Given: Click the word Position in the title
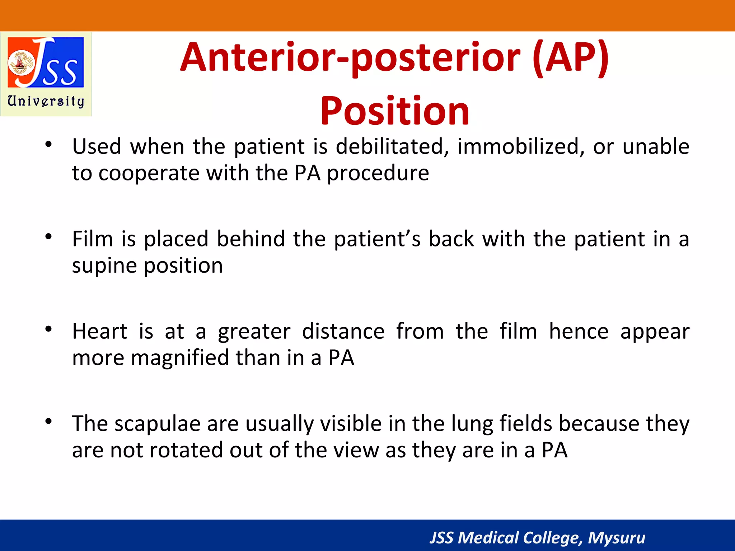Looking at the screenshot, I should (x=395, y=111).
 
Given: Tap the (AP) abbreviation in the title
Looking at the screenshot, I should (x=571, y=57).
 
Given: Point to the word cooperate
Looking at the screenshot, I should (x=149, y=174).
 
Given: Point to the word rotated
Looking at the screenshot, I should (x=186, y=450).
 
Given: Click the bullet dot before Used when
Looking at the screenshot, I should (x=49, y=145).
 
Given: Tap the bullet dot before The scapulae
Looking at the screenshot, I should (x=49, y=422).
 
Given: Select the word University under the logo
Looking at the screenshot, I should (x=46, y=101).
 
